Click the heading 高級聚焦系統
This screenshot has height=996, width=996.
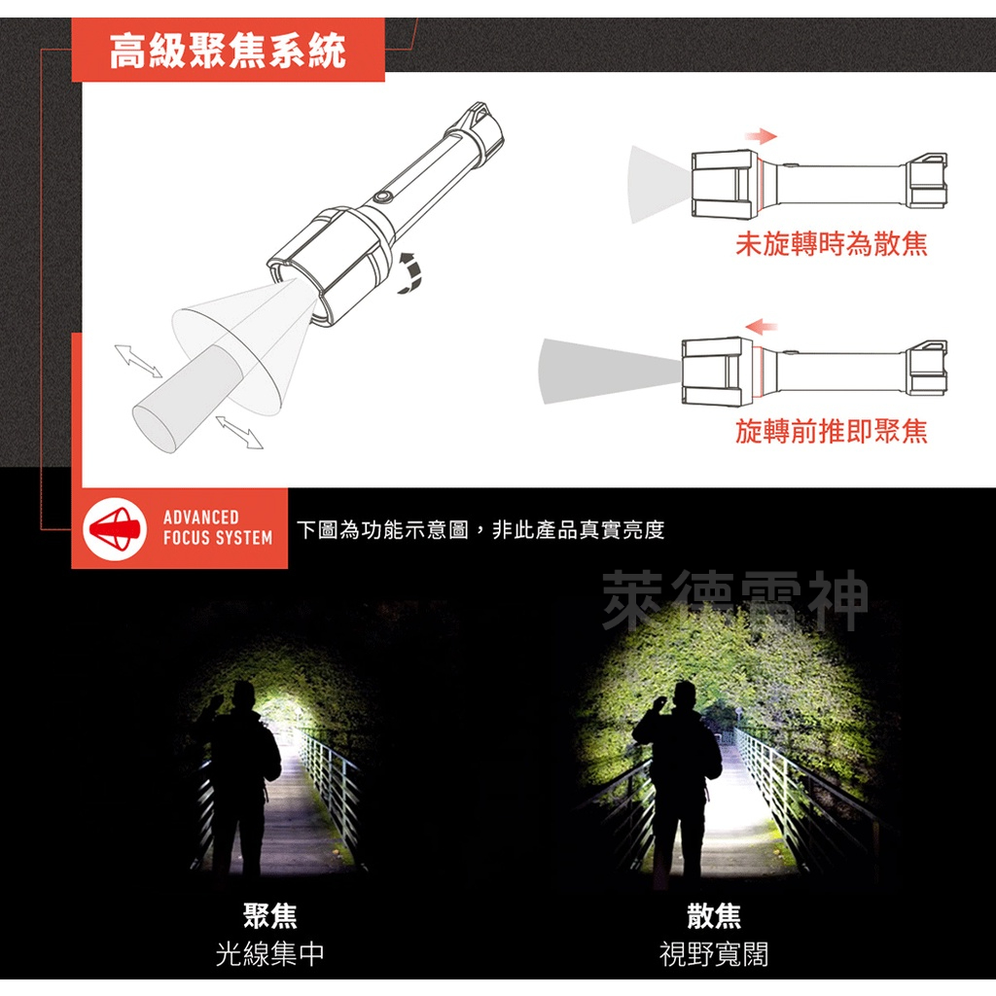tap(228, 51)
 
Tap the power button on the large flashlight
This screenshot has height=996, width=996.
tap(381, 197)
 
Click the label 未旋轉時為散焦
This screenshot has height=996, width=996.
tap(831, 243)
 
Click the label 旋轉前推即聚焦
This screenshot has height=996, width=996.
tap(831, 431)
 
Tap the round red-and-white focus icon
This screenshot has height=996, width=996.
tap(115, 528)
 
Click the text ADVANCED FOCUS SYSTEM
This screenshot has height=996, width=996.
tap(217, 528)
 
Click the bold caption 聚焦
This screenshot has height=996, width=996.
tap(269, 915)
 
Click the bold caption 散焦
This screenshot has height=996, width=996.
tap(713, 915)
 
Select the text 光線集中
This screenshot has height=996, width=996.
tap(269, 954)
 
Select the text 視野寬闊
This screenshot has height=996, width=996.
tap(713, 954)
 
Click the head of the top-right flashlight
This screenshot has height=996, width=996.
tap(723, 182)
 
